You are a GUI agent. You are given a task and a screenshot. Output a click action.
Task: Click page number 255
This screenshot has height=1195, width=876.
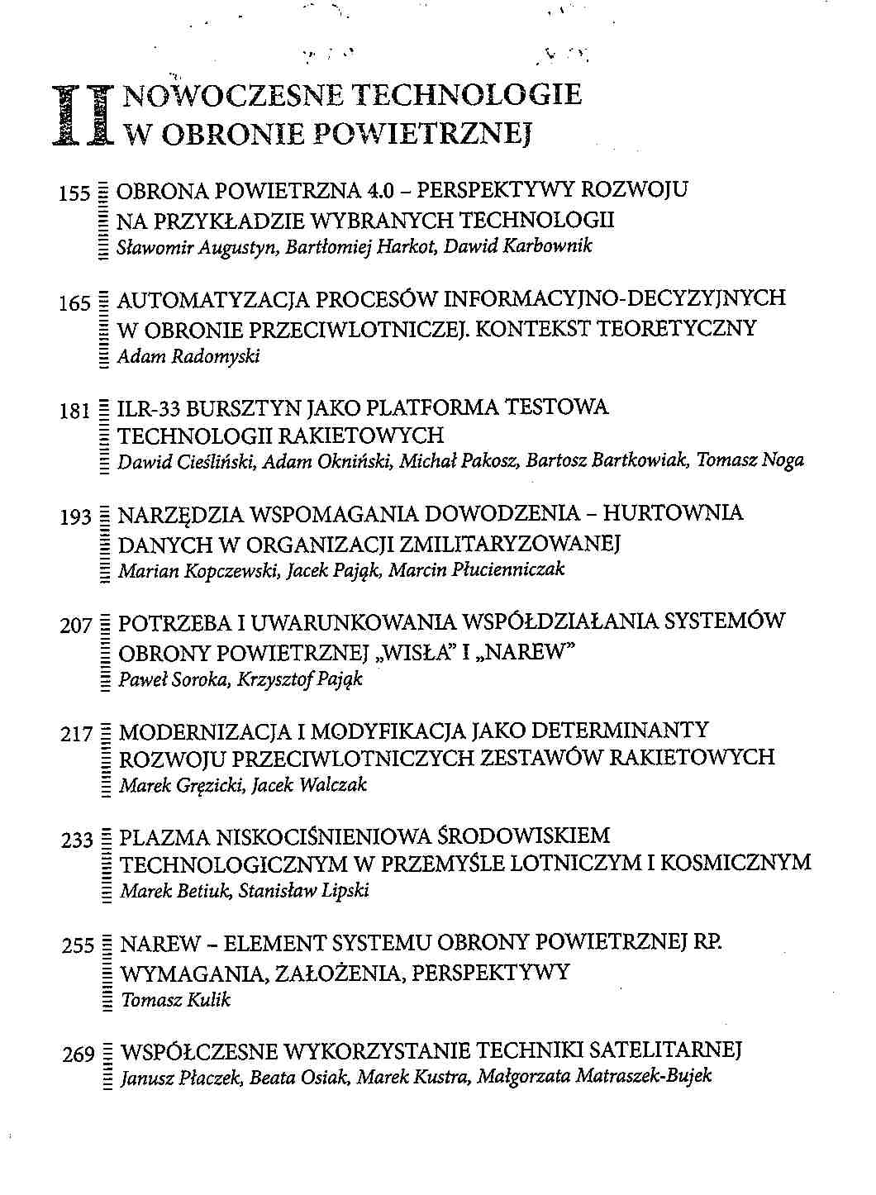click(79, 947)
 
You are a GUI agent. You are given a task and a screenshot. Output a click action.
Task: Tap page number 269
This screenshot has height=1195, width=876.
click(79, 1055)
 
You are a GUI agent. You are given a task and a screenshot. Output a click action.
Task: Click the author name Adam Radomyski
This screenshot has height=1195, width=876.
click(188, 358)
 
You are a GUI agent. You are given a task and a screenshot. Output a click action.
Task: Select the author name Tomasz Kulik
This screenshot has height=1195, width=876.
click(175, 1000)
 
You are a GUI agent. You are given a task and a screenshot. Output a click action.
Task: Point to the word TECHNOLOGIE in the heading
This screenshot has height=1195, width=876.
click(467, 96)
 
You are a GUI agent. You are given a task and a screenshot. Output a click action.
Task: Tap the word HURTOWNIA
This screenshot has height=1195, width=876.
click(673, 514)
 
